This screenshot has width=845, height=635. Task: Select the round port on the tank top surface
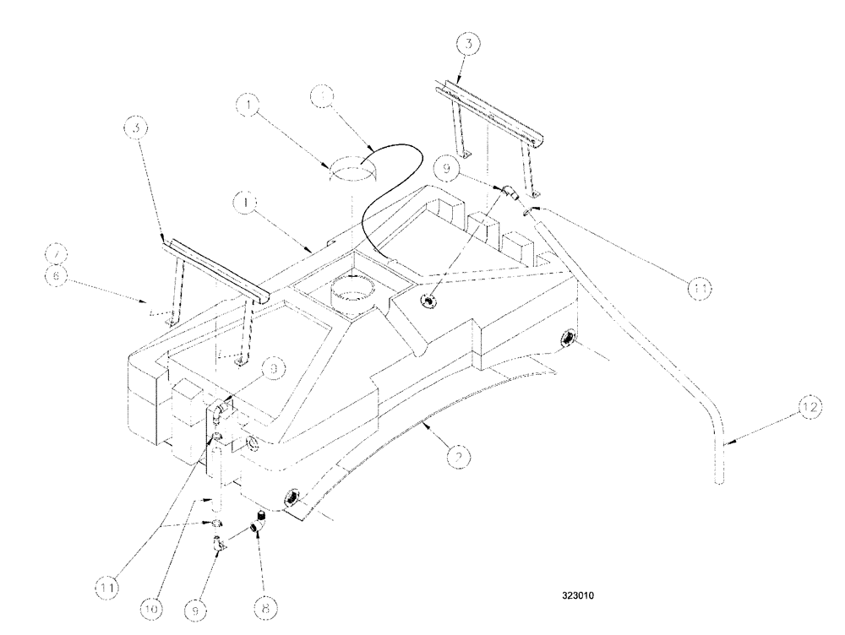click(x=431, y=301)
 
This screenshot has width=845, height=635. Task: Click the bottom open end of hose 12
click(x=719, y=479)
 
